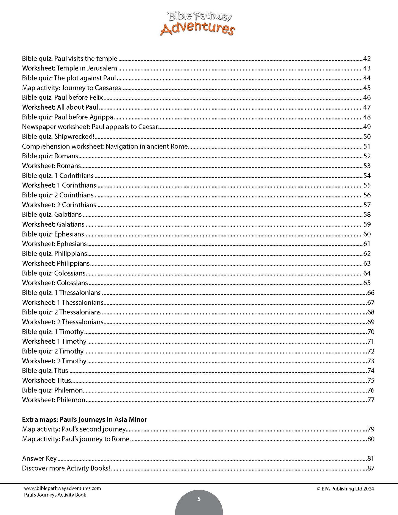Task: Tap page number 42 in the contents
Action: tap(367, 59)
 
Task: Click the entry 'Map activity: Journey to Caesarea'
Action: tap(72, 88)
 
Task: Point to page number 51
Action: tap(367, 147)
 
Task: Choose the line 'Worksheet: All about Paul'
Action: tap(60, 107)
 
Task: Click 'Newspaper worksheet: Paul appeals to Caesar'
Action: tap(90, 127)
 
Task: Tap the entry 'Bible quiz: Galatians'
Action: tap(52, 215)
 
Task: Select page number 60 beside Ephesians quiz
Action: tap(367, 234)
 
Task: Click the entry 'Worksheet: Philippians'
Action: tap(56, 264)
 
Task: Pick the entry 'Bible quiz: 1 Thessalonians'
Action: tap(61, 293)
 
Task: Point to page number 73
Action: tap(371, 361)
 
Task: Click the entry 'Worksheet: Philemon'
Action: tap(54, 400)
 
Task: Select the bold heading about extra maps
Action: tap(85, 420)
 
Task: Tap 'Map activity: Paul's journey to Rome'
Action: tap(75, 439)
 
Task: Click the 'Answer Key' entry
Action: tap(39, 459)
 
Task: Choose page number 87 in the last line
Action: tap(371, 468)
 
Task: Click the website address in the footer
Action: tap(63, 488)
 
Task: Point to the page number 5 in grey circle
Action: tap(199, 499)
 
